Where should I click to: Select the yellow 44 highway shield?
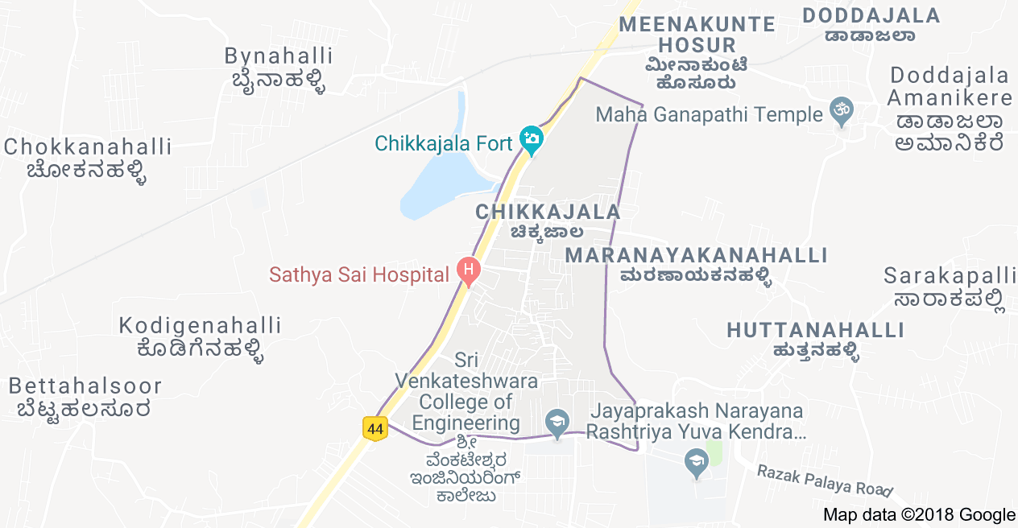[375, 429]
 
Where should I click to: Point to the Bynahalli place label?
[279, 68]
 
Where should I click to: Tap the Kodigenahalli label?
[201, 336]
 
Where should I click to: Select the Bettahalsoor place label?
[85, 397]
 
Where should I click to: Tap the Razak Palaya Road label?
[825, 480]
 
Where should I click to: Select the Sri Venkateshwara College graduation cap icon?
[557, 423]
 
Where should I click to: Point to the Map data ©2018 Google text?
[919, 515]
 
